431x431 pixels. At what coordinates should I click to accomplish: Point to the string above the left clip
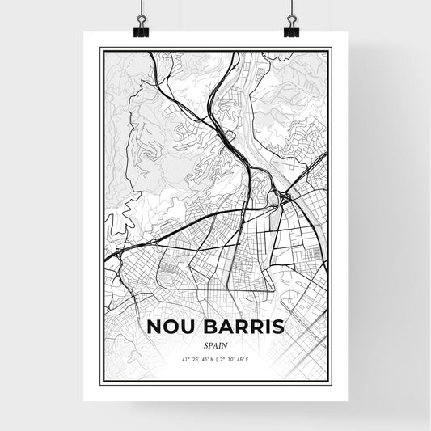coord(142,8)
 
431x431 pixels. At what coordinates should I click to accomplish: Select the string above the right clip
coord(291,8)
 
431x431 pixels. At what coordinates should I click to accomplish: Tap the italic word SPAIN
coord(215,344)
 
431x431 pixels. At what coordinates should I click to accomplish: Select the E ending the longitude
coord(249,358)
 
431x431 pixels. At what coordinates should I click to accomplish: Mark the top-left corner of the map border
coord(100,49)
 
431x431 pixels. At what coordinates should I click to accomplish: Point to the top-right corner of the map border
coord(331,49)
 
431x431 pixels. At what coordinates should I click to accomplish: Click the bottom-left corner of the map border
coord(100,380)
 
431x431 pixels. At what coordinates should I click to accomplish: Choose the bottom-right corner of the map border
coord(331,380)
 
